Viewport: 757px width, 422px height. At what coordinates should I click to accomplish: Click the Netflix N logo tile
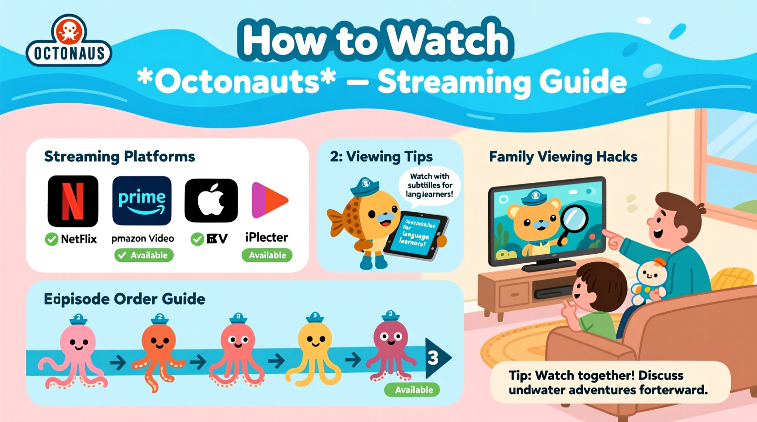point(73,201)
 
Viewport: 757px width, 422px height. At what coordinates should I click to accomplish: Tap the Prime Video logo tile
point(142,201)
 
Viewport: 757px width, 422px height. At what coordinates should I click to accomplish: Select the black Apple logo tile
point(211,201)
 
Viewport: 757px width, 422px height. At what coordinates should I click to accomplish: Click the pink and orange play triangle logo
point(269,200)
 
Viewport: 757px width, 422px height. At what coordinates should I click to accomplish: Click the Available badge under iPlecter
point(267,255)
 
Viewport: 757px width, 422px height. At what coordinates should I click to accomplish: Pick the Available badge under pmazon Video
point(144,255)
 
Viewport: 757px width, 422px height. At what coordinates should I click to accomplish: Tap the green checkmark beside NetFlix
point(51,239)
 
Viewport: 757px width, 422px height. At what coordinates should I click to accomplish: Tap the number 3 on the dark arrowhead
point(433,358)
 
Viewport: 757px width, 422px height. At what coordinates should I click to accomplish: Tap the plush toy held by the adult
point(650,279)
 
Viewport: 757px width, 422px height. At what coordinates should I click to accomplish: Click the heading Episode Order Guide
point(124,299)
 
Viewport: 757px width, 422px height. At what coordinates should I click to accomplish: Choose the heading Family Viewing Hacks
point(563,157)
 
